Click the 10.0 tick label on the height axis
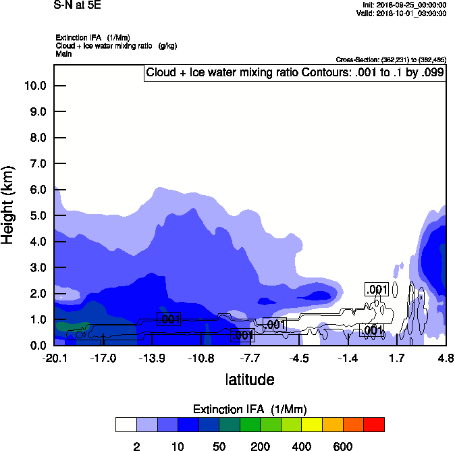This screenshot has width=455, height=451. (x=34, y=86)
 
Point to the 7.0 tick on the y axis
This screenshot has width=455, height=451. (x=37, y=164)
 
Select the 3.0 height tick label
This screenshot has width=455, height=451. (x=37, y=268)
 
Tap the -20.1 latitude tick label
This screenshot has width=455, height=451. (x=54, y=358)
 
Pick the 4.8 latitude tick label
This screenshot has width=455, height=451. (x=446, y=358)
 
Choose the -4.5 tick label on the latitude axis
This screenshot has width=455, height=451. (x=299, y=358)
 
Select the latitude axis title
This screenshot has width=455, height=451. (x=250, y=379)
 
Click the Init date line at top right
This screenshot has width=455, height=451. (x=402, y=5)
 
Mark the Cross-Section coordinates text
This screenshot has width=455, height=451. (x=390, y=60)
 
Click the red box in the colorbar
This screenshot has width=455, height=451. (x=374, y=425)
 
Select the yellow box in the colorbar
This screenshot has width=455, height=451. (x=312, y=425)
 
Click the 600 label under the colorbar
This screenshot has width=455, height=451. (x=343, y=446)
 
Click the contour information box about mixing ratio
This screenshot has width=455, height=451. (x=295, y=73)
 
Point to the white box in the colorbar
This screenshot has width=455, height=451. (x=126, y=425)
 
